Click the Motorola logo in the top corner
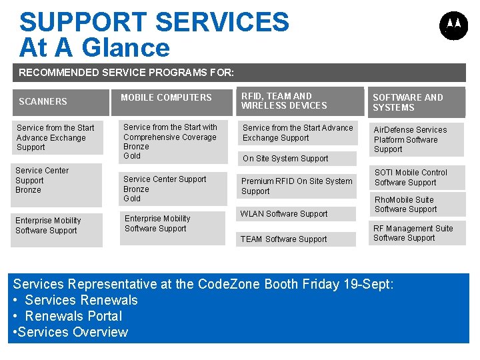coord(453,25)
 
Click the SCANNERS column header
coord(43,101)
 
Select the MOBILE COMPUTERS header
coord(166,97)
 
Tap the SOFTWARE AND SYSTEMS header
coord(408,102)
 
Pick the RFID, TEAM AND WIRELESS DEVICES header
coord(285,101)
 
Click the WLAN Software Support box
coord(284,214)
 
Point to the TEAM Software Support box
coord(284,239)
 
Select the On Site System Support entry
coord(285,159)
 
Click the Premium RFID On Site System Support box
coord(297,186)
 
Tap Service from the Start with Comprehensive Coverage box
coord(170,141)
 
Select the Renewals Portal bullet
coord(73,316)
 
